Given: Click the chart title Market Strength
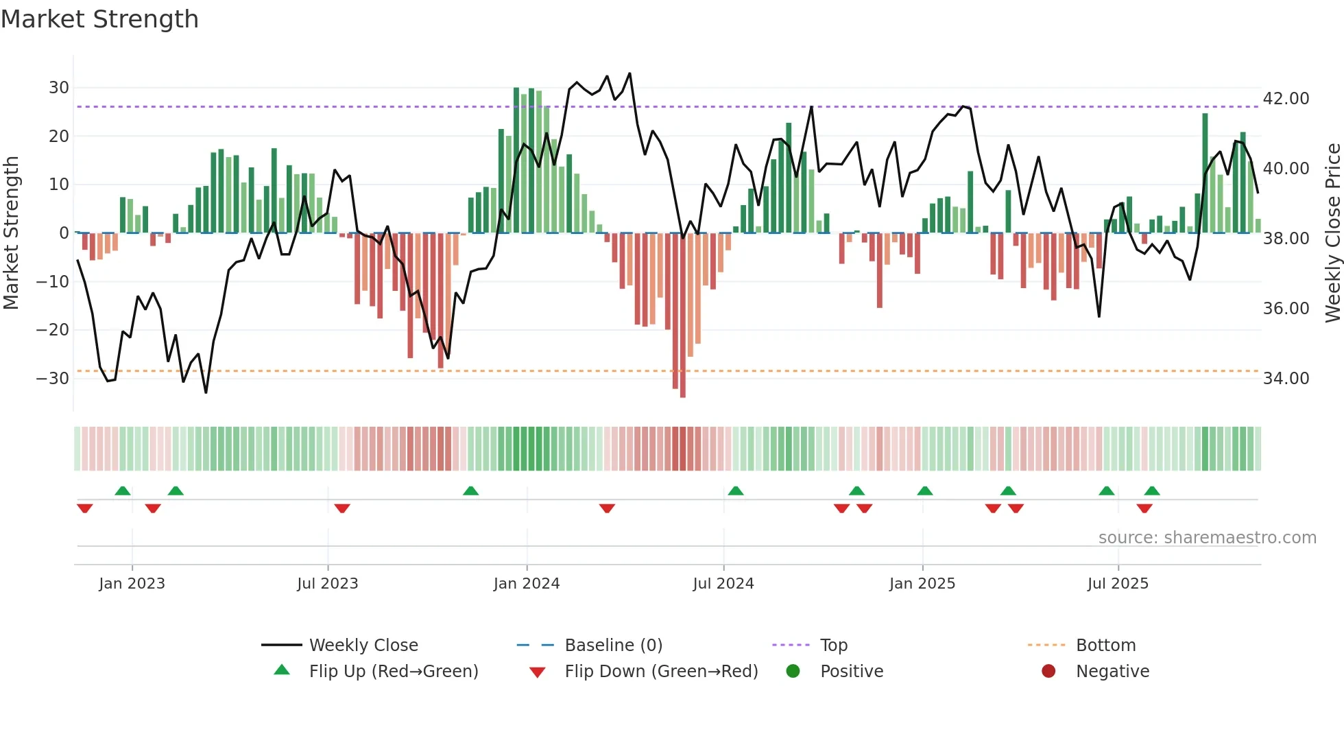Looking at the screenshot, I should (99, 19).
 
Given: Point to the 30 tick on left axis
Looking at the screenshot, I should (58, 88).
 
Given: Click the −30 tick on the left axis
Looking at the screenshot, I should (53, 378).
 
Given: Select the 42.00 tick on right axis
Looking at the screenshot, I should (1286, 99).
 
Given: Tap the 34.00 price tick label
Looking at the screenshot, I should (1286, 379).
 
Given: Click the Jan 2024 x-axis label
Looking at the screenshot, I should (526, 584).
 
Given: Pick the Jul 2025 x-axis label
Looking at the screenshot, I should (1117, 584).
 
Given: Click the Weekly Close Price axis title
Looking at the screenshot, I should (1332, 233).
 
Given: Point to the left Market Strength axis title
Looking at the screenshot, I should (12, 233).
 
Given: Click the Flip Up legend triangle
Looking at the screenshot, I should (282, 670).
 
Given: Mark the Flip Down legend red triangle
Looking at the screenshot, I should (538, 672).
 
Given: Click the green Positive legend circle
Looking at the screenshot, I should (793, 671).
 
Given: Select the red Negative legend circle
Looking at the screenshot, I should (1048, 671).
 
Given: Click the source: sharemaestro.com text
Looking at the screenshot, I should (1207, 538).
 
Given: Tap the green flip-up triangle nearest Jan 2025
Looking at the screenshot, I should (924, 491).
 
